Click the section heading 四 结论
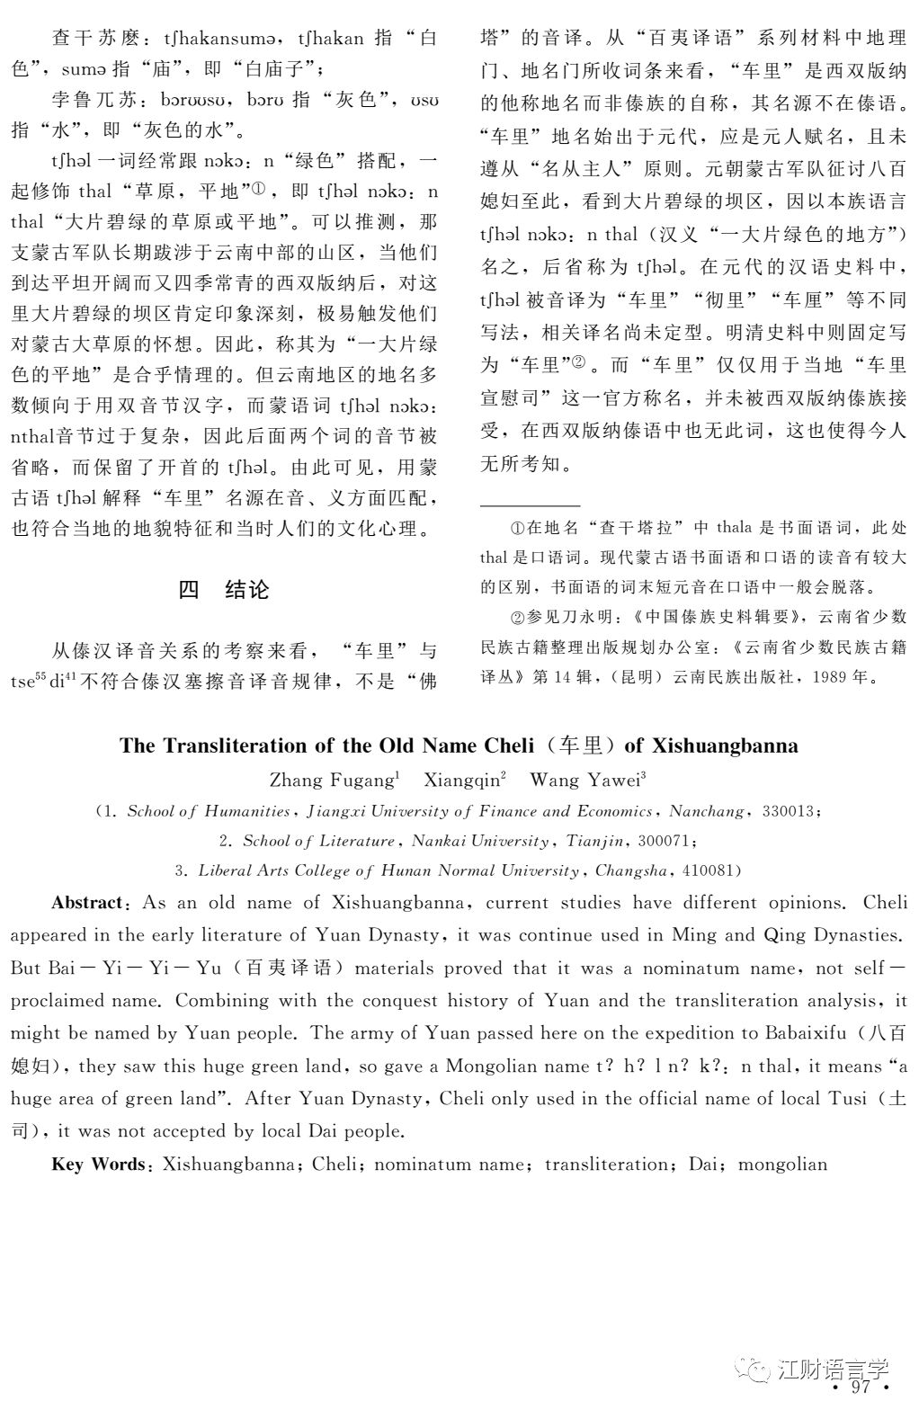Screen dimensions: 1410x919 pos(224,590)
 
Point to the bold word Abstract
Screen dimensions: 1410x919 pos(86,902)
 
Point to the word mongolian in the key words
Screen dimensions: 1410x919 pos(782,1164)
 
